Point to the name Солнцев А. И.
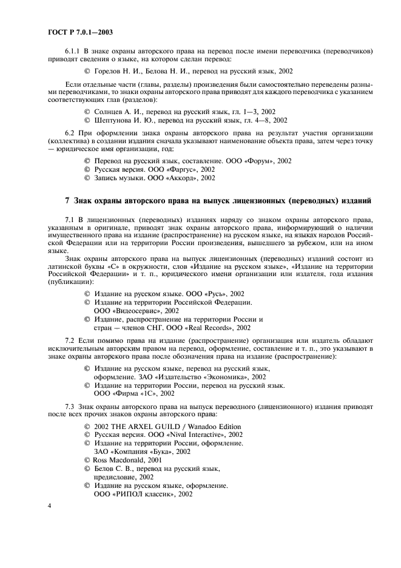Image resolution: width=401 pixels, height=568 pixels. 115,112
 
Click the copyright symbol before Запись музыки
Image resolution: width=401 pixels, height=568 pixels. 87,178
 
